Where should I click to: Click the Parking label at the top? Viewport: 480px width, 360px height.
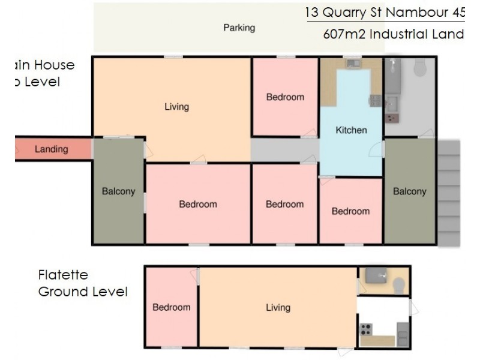point(239,28)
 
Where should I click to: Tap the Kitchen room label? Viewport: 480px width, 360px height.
point(351,130)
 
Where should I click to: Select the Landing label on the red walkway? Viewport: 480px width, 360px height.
point(51,149)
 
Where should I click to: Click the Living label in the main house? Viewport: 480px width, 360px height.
point(176,107)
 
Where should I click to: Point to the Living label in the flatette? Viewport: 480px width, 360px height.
point(278,307)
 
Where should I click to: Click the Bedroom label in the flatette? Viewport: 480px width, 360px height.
point(171,307)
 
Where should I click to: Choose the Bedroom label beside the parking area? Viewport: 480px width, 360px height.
point(285,97)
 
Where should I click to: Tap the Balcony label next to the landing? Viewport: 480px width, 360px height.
point(118,192)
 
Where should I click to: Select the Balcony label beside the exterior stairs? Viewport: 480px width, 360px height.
point(410,191)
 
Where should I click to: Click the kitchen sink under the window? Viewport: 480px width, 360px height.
point(352,63)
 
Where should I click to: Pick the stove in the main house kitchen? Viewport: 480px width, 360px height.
point(376,100)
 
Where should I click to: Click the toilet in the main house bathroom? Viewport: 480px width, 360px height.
point(420,68)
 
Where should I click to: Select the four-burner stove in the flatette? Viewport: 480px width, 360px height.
point(365,329)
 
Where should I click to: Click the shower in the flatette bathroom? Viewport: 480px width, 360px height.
point(374,275)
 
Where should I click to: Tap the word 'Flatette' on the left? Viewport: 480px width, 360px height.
point(63,275)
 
